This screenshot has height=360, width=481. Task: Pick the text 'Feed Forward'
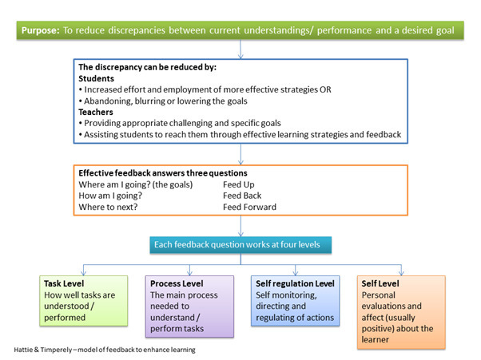click(x=249, y=207)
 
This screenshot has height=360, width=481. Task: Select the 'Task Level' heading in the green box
click(x=65, y=283)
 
